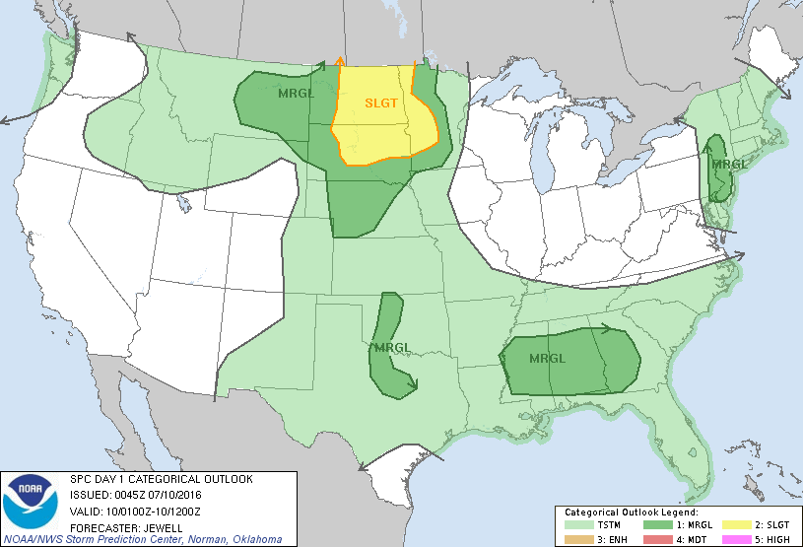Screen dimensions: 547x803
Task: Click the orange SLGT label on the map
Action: [382, 103]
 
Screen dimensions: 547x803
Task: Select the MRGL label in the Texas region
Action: [392, 346]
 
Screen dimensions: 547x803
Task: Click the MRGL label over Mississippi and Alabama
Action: [549, 357]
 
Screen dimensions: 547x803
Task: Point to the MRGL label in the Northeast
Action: [730, 164]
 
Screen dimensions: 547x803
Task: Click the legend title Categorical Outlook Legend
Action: [631, 513]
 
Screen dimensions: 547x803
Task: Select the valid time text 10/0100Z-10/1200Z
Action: [157, 511]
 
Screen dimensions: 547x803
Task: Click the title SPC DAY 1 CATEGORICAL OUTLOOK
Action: [161, 479]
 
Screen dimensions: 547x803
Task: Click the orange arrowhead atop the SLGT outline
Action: [340, 61]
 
